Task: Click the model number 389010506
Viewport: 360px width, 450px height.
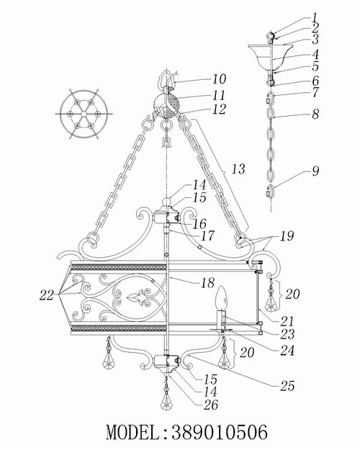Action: [220, 432]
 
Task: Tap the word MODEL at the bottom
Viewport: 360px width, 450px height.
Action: [132, 432]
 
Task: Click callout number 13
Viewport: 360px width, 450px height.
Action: [238, 169]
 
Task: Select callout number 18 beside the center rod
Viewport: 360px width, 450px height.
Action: [207, 283]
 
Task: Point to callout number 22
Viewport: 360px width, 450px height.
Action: [47, 294]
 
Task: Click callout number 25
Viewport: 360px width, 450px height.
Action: [287, 386]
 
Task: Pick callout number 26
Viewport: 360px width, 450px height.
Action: [211, 405]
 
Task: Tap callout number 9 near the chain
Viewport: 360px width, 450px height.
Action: [315, 171]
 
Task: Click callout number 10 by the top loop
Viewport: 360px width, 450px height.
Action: [219, 79]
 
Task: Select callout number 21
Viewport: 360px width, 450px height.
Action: [287, 321]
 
